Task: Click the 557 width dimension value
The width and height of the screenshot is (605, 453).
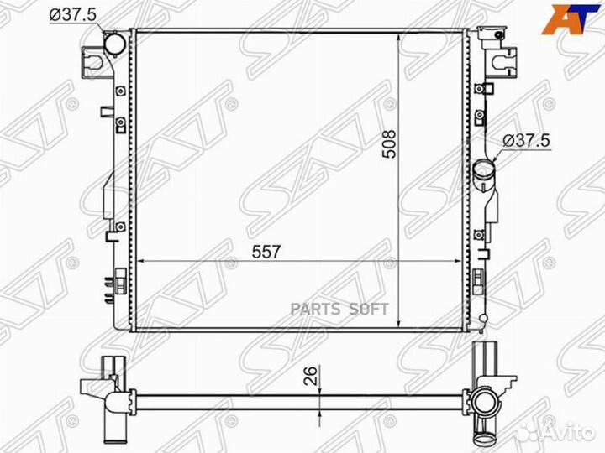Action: [266, 252]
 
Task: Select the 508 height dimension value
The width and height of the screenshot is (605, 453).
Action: [389, 144]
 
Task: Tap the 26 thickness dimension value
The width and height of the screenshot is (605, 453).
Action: [312, 376]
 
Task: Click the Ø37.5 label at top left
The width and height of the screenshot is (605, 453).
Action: [72, 15]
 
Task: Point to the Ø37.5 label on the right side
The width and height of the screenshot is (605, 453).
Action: [526, 141]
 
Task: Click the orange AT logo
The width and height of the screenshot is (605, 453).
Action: [571, 19]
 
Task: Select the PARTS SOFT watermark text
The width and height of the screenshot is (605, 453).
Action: [339, 309]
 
